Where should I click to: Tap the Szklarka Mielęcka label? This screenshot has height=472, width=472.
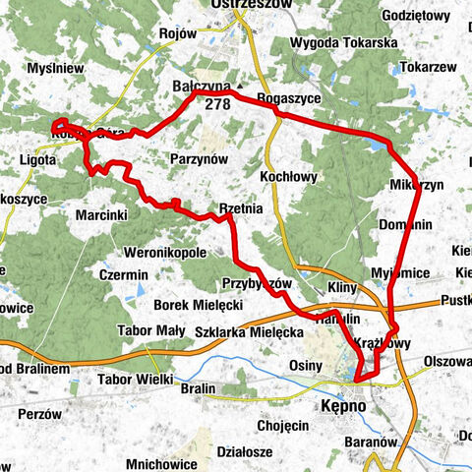click(x=250, y=333)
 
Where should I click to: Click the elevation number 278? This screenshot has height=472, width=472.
click(x=218, y=102)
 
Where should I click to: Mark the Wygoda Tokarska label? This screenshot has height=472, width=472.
click(x=343, y=43)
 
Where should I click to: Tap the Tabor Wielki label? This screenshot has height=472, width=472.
click(x=136, y=380)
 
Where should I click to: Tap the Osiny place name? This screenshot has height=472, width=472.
click(x=306, y=366)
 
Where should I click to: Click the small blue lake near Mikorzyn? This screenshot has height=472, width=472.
click(x=377, y=146)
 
